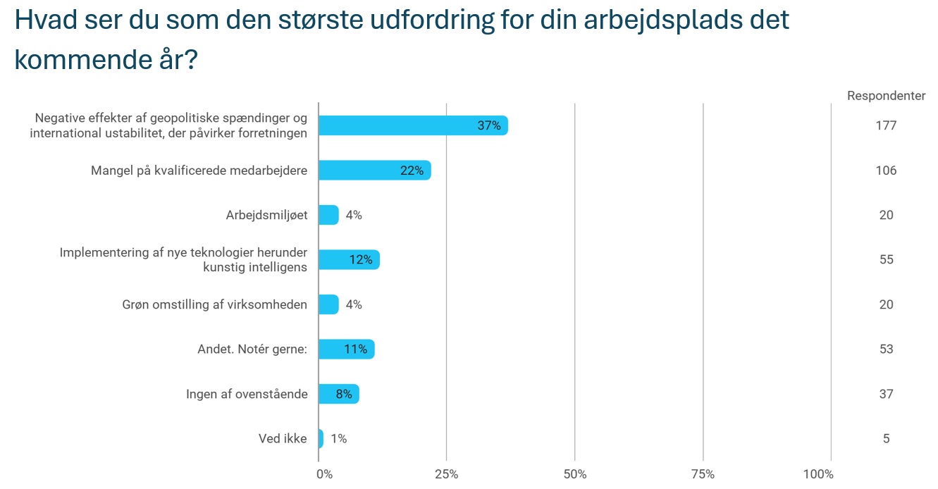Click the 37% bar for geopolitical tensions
(412, 125)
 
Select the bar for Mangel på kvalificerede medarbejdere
(374, 171)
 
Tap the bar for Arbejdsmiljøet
(328, 215)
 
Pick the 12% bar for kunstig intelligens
(348, 259)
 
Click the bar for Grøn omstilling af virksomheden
(328, 304)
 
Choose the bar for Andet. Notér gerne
(346, 349)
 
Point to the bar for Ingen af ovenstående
(338, 394)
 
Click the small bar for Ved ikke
(321, 438)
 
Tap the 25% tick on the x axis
(447, 474)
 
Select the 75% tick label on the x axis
(703, 474)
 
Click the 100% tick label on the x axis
(818, 474)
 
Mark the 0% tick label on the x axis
(324, 474)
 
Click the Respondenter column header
(886, 96)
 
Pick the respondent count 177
(886, 125)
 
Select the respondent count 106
(886, 171)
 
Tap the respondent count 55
(886, 259)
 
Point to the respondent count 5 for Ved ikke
(886, 438)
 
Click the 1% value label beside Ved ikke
(338, 438)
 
